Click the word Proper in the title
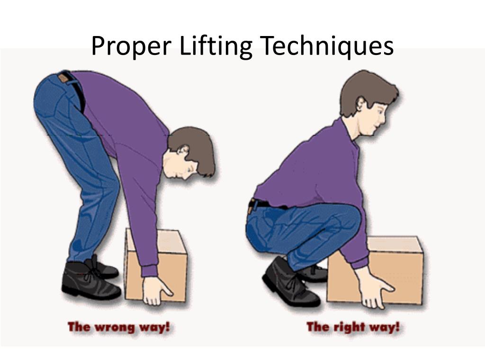click(131, 46)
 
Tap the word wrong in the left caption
click(115, 328)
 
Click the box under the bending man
click(156, 265)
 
